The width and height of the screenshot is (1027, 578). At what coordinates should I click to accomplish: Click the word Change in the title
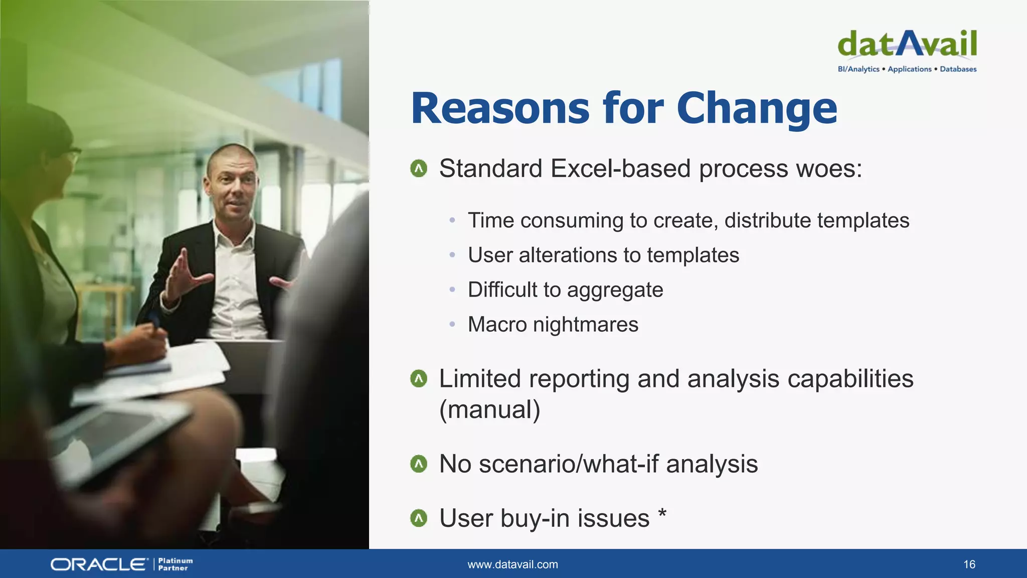pyautogui.click(x=757, y=109)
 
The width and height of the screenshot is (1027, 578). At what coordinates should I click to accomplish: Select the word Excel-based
pyautogui.click(x=620, y=169)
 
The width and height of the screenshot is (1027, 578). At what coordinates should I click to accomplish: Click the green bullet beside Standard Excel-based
pyautogui.click(x=419, y=169)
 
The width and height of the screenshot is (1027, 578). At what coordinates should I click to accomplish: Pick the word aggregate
pyautogui.click(x=615, y=291)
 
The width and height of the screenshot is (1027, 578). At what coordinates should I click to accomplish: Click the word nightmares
pyautogui.click(x=585, y=325)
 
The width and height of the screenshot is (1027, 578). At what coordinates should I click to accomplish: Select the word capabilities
pyautogui.click(x=850, y=379)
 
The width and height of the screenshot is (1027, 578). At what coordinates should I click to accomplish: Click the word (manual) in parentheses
pyautogui.click(x=489, y=410)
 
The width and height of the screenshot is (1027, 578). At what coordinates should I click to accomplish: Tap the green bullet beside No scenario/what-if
pyautogui.click(x=419, y=464)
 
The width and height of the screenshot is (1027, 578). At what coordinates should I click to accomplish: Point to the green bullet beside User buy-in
pyautogui.click(x=419, y=518)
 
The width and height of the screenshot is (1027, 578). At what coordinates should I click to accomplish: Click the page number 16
pyautogui.click(x=969, y=564)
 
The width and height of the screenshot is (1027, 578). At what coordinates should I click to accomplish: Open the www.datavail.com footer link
pyautogui.click(x=512, y=564)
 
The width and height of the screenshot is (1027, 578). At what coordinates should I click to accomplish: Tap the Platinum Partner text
pyautogui.click(x=175, y=564)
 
